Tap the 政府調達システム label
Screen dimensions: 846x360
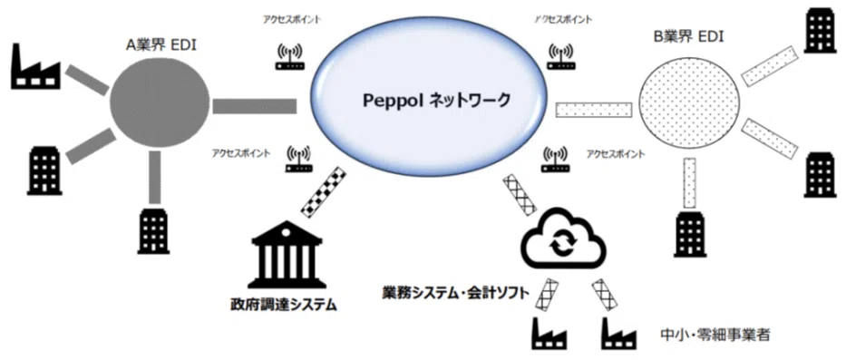coord(283,306)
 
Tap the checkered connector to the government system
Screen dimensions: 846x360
coord(323,192)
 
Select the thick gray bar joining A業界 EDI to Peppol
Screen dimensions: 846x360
coord(255,106)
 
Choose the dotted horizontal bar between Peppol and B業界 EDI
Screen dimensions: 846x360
coord(594,110)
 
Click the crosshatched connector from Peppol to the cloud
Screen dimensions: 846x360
coord(519,193)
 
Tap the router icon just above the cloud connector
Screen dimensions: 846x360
coord(555,159)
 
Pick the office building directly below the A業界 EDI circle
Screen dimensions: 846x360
coord(154,232)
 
